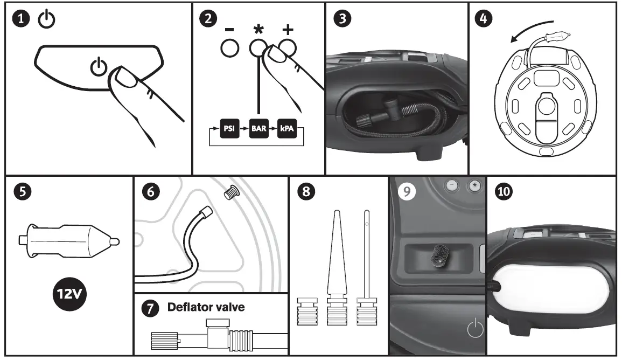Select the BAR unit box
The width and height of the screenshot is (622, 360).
(x=258, y=130)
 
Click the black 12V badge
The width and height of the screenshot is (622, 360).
(x=68, y=294)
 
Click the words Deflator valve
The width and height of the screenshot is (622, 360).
(x=206, y=308)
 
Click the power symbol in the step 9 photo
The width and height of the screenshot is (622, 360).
(x=474, y=329)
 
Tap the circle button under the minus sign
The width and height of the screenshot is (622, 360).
(x=229, y=49)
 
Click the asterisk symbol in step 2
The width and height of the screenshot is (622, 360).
(x=258, y=30)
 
